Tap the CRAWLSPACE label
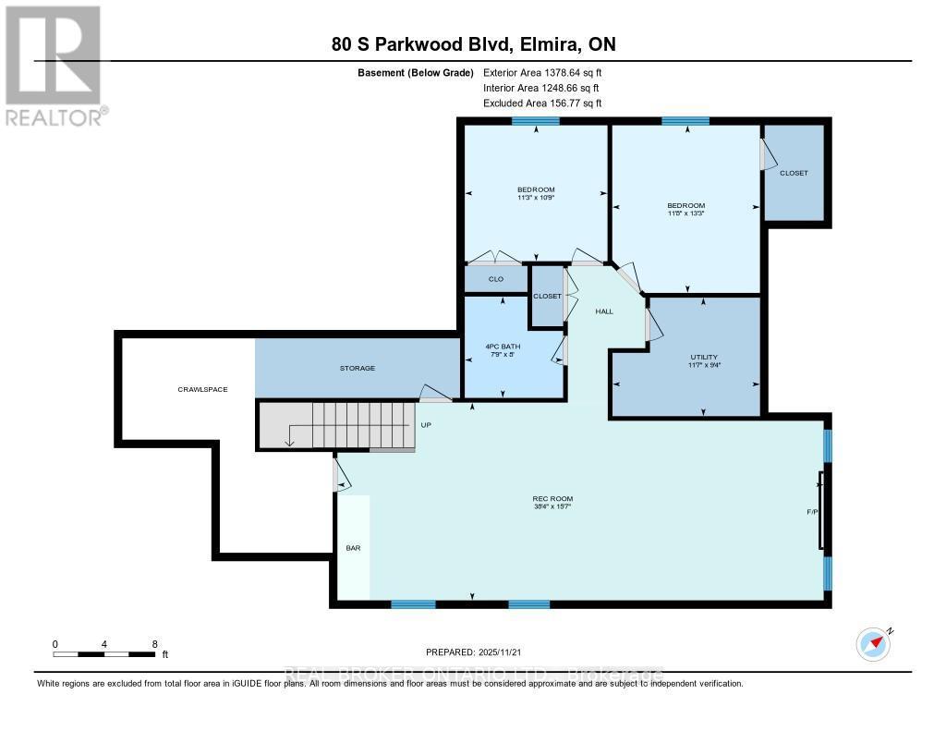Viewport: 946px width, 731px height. tap(202, 389)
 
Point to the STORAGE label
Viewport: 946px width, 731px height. tap(358, 368)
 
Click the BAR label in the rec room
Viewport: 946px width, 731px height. tap(353, 548)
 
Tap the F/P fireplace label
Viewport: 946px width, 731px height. tap(812, 511)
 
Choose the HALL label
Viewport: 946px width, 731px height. tap(604, 311)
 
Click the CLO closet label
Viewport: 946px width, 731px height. tap(495, 278)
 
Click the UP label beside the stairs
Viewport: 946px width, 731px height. tap(426, 425)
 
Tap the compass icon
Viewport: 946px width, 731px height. tap(872, 641)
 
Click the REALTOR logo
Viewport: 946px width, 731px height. tap(54, 65)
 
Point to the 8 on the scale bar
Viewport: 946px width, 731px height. tap(154, 644)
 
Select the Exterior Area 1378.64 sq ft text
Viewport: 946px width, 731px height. tap(543, 72)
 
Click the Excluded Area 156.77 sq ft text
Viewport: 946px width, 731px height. tap(543, 104)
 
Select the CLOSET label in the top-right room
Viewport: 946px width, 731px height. tap(794, 173)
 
